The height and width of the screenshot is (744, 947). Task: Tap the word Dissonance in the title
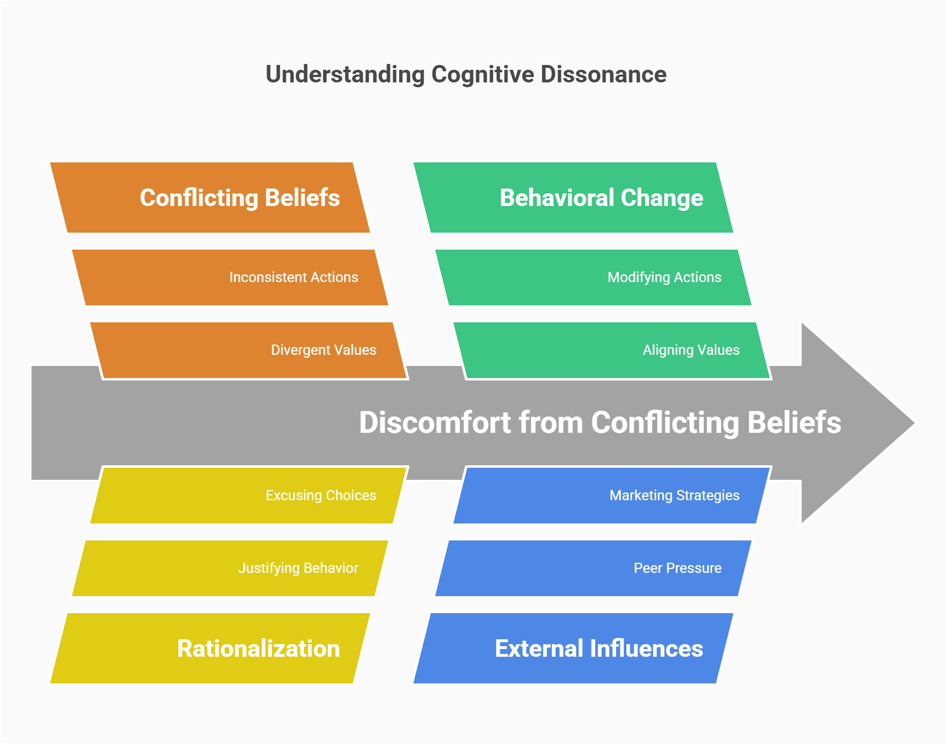click(603, 75)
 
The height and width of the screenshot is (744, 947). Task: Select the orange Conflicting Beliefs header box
click(210, 198)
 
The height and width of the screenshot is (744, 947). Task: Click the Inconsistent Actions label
click(294, 277)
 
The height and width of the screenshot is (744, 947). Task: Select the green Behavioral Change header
click(574, 198)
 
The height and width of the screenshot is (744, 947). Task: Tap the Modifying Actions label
click(664, 277)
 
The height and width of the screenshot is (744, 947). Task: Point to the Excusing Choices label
click(321, 495)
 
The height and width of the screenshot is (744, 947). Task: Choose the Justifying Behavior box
click(230, 568)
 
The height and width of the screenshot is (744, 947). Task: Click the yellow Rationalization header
click(210, 649)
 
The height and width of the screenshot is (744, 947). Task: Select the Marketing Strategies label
click(674, 495)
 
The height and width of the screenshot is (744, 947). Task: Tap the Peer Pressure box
click(593, 568)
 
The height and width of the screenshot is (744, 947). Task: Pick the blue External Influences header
click(574, 649)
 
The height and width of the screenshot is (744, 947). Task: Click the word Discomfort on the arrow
click(435, 423)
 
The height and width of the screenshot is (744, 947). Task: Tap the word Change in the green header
click(662, 198)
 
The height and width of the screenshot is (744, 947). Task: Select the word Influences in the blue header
click(646, 649)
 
